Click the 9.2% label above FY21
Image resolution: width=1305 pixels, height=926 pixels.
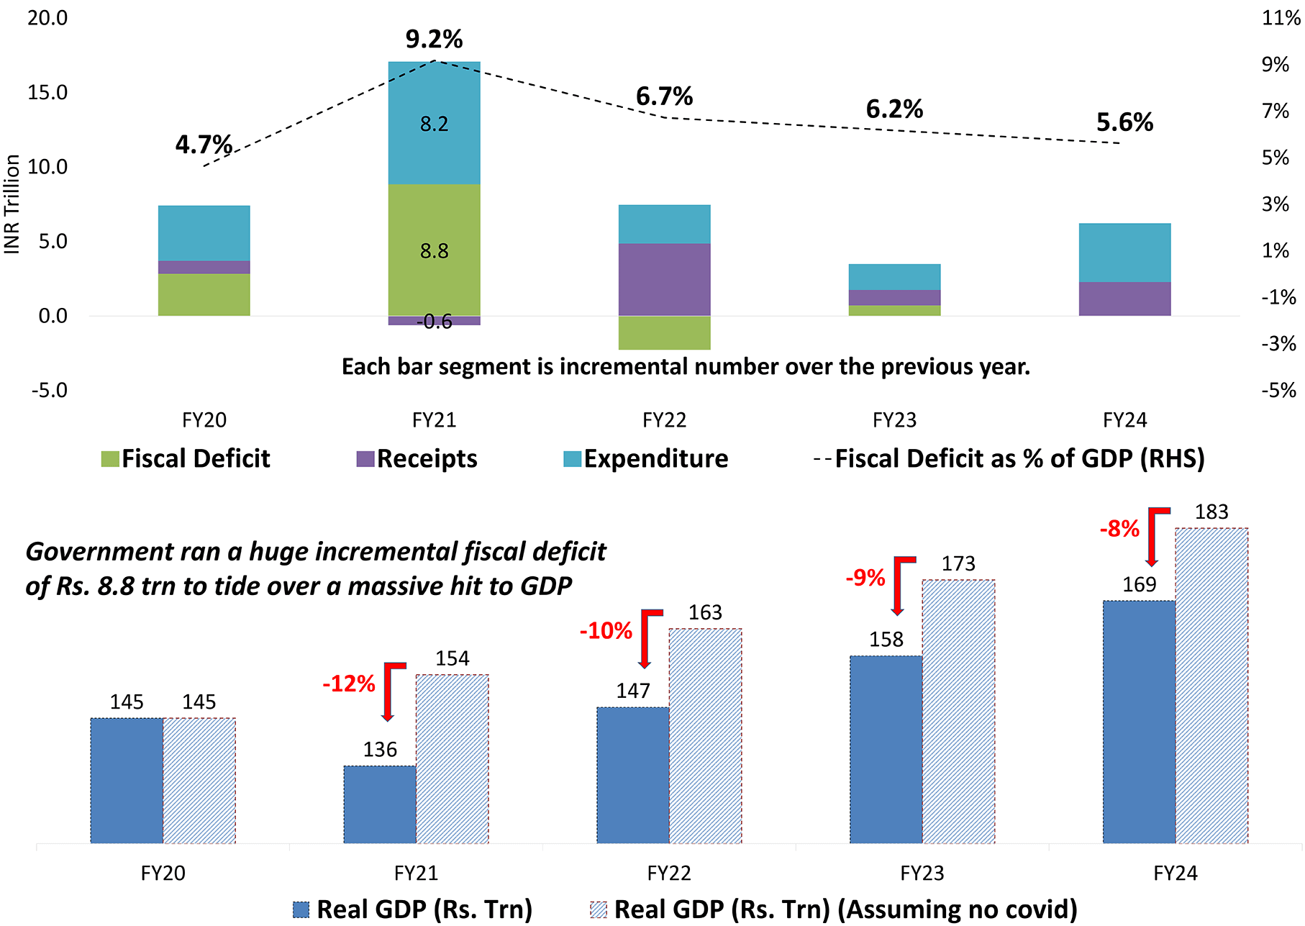tap(434, 39)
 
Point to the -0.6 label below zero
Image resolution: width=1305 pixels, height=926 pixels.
tap(434, 322)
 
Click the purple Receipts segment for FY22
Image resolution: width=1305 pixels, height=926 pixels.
tap(664, 279)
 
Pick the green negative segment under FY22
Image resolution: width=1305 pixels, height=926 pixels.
tap(664, 332)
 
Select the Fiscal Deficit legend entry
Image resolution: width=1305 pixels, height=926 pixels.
tap(186, 459)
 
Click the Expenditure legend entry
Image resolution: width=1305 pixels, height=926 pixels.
tap(645, 459)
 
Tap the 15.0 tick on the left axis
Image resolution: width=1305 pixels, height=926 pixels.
tap(47, 92)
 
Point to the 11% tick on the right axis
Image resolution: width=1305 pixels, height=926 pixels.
tap(1281, 18)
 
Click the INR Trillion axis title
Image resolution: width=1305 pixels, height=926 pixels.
tap(12, 204)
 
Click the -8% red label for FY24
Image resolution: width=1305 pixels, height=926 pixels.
tap(1119, 530)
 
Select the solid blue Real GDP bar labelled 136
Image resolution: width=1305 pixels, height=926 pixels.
tap(379, 804)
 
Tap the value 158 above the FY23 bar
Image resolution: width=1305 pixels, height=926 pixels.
tap(886, 639)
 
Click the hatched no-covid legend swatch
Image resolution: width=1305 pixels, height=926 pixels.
tap(598, 909)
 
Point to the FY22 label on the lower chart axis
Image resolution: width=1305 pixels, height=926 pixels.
tap(668, 873)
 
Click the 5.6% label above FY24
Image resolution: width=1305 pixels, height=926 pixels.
tap(1124, 122)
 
